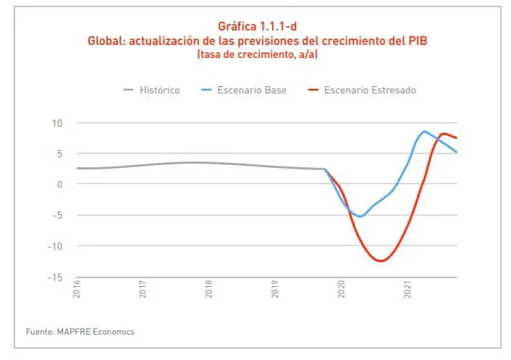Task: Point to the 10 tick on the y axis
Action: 58,122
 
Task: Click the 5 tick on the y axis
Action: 61,154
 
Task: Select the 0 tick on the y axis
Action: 61,184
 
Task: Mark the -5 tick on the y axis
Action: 59,215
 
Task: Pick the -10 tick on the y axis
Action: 56,246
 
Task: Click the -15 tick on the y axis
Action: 56,277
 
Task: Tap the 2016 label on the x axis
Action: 77,290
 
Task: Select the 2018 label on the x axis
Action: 208,290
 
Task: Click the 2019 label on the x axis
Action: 275,290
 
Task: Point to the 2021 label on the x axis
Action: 407,290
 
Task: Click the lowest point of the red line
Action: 381,261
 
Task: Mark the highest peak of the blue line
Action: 424,131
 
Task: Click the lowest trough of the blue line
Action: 360,217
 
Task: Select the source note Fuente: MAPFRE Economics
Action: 80,332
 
